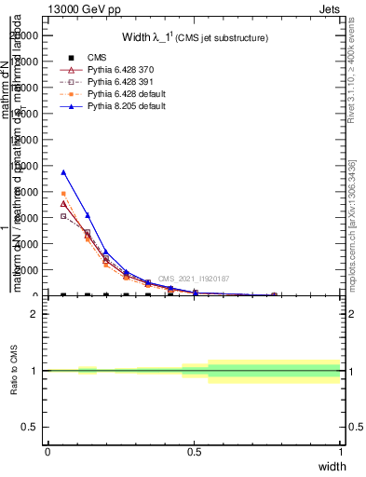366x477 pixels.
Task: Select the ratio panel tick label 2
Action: (34, 313)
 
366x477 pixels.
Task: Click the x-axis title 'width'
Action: (332, 465)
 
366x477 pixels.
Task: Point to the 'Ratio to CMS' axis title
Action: (15, 371)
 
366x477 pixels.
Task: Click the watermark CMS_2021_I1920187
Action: (194, 279)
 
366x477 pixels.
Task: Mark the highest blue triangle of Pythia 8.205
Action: (63, 172)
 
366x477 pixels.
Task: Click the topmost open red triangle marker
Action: (63, 203)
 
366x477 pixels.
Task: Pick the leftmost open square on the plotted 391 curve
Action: (63, 216)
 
